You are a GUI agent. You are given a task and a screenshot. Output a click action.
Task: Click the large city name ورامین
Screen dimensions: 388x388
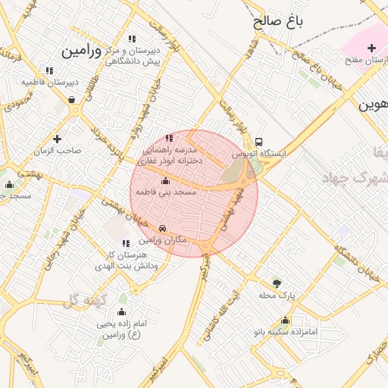coord(81,51)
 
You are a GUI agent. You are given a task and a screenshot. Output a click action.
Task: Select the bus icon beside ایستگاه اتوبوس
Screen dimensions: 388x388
coord(259,142)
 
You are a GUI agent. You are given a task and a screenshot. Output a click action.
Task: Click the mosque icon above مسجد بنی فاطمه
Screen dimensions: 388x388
coord(166,181)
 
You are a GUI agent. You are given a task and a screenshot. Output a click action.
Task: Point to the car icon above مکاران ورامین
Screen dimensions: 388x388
coord(163,228)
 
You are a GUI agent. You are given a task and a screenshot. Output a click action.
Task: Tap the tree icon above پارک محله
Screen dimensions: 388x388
coord(276,283)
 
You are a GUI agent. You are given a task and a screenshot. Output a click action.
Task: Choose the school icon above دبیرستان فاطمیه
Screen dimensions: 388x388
coord(49,70)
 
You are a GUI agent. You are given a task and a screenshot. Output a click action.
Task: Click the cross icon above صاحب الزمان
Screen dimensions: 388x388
coord(57,139)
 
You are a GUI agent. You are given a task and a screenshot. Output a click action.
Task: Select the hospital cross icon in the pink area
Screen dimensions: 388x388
coord(371,48)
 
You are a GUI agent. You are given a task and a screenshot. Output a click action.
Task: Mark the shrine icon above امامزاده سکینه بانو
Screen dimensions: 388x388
coord(285,320)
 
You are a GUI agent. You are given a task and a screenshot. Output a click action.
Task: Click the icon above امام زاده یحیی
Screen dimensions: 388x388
coord(120,312)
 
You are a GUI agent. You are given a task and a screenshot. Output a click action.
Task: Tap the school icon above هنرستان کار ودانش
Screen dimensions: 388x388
coord(126,244)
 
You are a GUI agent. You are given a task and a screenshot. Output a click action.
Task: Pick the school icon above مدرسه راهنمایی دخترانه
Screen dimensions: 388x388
coord(168,138)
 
